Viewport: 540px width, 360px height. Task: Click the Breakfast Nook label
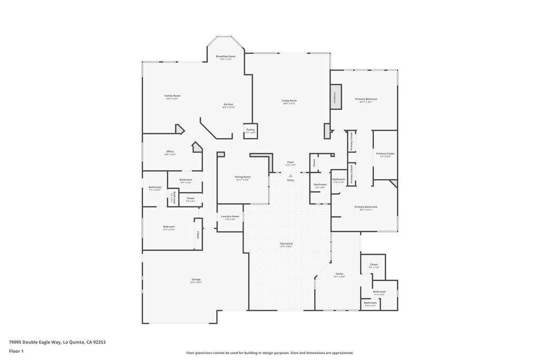coord(226,56)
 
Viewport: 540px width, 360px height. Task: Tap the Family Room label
coord(172,96)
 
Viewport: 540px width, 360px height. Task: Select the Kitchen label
coord(228,104)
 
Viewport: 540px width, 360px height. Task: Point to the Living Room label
coord(289,101)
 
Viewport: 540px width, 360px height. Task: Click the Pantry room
coord(250,131)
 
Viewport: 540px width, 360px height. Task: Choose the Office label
coord(170,152)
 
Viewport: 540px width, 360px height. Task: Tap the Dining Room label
coord(243,177)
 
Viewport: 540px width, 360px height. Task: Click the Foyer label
coord(291,162)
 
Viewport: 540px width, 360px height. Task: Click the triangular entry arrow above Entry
coord(291,176)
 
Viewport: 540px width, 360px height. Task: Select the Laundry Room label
coord(230,217)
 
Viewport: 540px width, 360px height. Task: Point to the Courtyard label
coord(286,244)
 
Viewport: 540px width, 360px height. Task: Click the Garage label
coord(196,280)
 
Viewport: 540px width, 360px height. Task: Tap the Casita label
coord(340,274)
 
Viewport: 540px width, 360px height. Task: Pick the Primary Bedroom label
coord(366,99)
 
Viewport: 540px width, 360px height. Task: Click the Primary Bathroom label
coord(366,207)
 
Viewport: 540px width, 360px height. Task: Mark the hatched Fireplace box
coord(335,97)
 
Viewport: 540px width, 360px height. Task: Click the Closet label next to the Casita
coord(374,265)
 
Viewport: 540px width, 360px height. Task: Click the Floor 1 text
coord(16,351)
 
